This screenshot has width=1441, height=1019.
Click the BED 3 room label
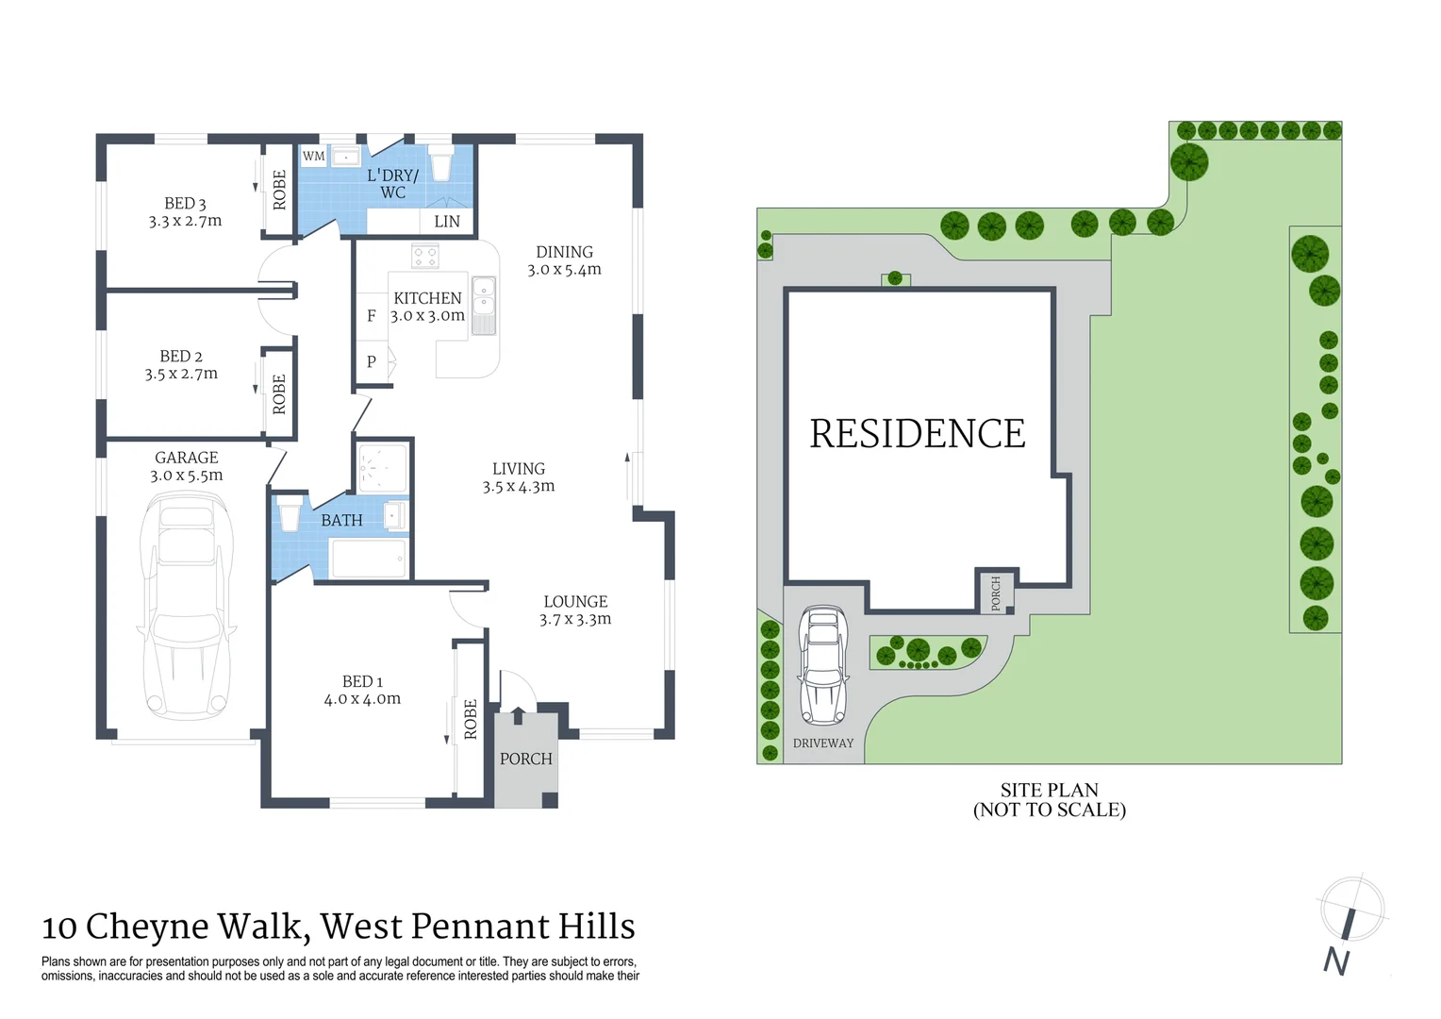185,204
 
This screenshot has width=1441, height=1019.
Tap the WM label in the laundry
314,157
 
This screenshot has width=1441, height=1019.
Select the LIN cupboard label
447,222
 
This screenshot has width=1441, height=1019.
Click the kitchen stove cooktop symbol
425,256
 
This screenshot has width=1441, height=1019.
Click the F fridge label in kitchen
372,316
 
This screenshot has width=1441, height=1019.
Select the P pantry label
372,361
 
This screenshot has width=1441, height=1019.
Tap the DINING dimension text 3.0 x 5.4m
564,270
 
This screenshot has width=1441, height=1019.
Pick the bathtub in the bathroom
368,558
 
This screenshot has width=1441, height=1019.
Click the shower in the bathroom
383,467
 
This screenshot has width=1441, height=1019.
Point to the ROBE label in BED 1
471,719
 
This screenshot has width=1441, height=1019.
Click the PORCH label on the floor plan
526,759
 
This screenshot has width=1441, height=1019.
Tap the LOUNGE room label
575,602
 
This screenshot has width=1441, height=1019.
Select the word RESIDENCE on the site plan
918,434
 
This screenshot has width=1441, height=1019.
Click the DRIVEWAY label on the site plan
823,743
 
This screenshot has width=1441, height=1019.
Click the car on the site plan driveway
823,664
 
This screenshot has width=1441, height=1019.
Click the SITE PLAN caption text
1049,791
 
